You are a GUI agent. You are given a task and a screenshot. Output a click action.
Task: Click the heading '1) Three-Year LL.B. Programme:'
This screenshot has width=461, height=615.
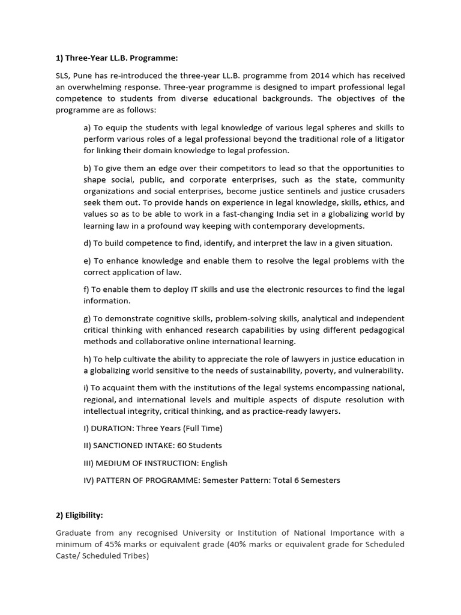point(117,58)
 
